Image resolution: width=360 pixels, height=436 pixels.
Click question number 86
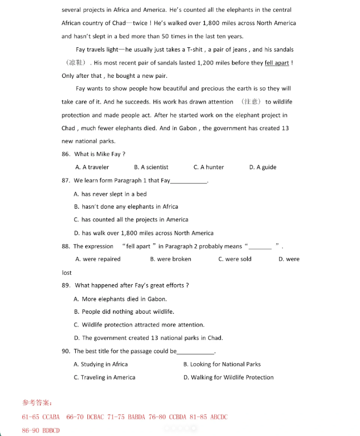click(x=66, y=154)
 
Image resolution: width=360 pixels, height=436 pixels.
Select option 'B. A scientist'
click(x=151, y=167)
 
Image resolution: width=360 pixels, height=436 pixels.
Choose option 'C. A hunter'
click(x=209, y=167)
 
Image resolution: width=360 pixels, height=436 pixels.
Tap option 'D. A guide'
click(x=263, y=167)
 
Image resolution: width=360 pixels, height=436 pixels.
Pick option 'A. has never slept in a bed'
click(x=110, y=194)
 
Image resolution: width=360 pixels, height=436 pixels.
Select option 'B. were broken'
click(x=170, y=259)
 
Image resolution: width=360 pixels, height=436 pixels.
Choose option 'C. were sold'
click(x=235, y=259)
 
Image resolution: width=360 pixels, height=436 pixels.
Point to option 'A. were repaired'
click(x=98, y=259)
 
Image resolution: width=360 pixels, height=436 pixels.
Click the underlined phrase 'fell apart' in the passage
click(x=277, y=63)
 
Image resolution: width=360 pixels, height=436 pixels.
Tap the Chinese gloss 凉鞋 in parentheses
click(x=75, y=63)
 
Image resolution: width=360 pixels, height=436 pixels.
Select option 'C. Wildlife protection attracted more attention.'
click(x=139, y=325)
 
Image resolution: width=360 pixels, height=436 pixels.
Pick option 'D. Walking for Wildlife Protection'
click(x=228, y=378)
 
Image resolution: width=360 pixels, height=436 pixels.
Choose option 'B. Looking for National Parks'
click(x=221, y=364)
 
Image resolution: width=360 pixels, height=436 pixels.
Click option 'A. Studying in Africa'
click(x=101, y=364)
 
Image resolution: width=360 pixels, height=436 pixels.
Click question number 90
click(x=66, y=351)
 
